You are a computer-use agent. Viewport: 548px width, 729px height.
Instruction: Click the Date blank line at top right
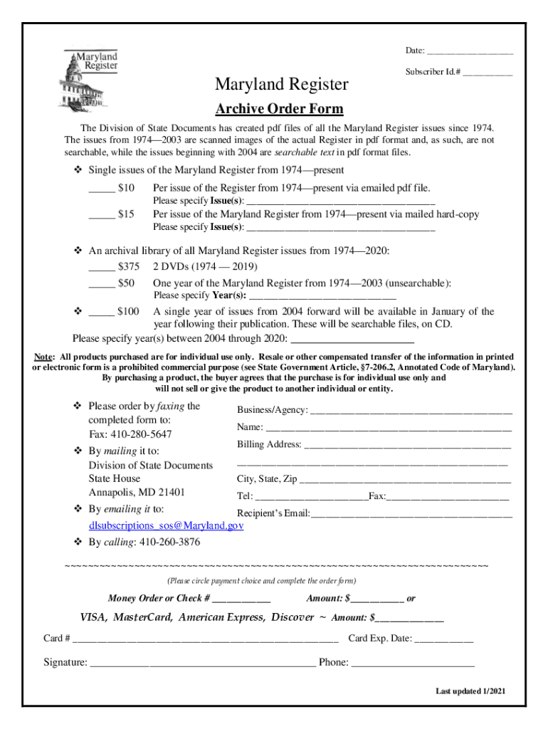pyautogui.click(x=470, y=52)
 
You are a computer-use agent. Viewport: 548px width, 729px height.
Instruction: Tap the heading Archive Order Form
pyautogui.click(x=279, y=109)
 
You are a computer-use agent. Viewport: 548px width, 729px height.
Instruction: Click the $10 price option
pyautogui.click(x=126, y=188)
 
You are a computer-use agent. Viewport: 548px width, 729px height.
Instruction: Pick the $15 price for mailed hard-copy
pyautogui.click(x=126, y=214)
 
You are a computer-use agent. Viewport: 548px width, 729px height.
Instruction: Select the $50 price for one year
pyautogui.click(x=126, y=283)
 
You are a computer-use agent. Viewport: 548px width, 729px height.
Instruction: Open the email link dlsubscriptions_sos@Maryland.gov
pyautogui.click(x=166, y=525)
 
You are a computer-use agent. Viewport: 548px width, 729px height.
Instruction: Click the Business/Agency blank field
pyautogui.click(x=411, y=411)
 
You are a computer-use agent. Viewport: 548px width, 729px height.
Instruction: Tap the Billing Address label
pyautogui.click(x=269, y=444)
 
